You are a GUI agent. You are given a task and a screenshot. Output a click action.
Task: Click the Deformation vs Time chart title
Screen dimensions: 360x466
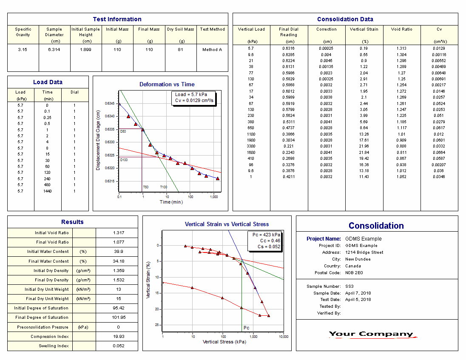point(167,84)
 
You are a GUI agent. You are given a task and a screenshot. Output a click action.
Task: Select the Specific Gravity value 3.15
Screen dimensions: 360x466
point(23,50)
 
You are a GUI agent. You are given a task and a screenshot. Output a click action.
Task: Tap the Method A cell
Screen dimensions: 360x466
point(212,50)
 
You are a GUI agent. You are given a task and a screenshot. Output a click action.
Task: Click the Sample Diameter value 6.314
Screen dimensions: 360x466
point(54,50)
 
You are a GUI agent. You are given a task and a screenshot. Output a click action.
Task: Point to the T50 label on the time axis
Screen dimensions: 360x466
point(145,187)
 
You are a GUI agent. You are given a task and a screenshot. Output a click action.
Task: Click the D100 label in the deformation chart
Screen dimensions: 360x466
point(124,160)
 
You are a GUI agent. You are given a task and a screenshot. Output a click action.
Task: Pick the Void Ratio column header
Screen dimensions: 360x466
point(402,29)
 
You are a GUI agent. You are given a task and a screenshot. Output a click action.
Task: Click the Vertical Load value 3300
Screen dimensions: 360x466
point(251,146)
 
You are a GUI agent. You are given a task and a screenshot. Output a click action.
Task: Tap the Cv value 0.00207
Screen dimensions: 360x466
point(439,164)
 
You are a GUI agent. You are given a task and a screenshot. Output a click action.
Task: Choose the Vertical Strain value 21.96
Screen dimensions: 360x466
point(364,146)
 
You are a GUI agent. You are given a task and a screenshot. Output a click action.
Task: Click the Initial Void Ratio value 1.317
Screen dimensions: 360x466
point(118,233)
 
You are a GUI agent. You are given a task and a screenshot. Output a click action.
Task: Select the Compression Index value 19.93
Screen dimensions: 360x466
point(118,337)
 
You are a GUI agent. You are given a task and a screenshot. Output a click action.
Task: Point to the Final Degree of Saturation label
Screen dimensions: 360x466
point(42,317)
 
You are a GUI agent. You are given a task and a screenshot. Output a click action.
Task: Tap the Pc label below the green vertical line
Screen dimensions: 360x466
point(246,328)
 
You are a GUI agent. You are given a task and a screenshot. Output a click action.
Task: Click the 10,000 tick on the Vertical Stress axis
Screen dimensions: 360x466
point(284,337)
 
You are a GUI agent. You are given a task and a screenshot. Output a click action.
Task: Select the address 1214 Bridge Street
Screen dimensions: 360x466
point(364,252)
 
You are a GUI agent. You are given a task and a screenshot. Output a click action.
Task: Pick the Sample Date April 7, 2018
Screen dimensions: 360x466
point(358,293)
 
